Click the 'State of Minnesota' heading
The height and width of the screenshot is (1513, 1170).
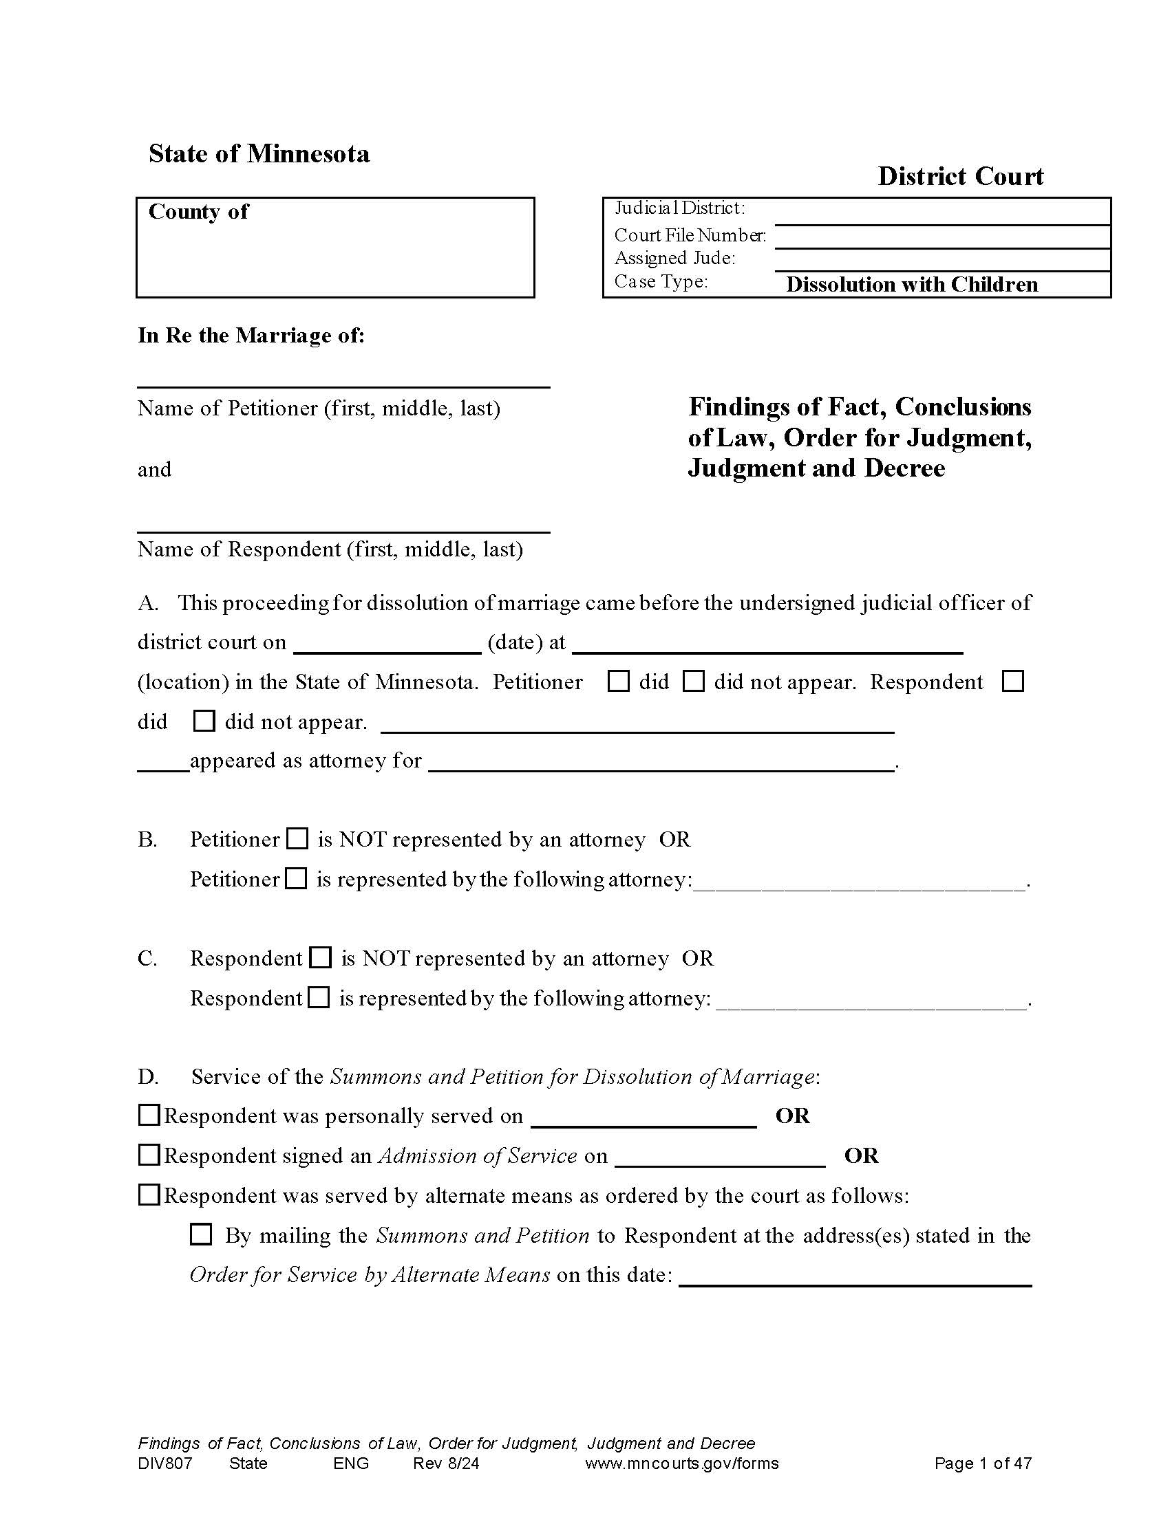259,154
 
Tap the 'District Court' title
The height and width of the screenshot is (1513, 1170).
960,177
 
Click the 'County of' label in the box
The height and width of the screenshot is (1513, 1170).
198,211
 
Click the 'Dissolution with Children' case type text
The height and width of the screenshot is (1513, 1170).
911,285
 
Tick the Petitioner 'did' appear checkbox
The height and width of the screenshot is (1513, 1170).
617,682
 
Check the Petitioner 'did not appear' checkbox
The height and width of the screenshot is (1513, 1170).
693,682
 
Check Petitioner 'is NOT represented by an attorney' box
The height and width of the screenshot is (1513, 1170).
297,839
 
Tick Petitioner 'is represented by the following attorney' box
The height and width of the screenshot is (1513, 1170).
297,879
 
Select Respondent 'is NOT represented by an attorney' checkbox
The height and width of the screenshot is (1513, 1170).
320,958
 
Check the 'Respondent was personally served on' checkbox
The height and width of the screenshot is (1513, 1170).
149,1115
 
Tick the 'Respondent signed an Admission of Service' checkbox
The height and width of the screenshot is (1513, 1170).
149,1155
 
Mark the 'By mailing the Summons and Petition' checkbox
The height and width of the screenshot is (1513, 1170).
201,1234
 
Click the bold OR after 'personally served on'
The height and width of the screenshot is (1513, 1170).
792,1115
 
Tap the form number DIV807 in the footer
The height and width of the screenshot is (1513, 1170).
165,1463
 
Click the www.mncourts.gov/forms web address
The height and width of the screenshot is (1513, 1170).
681,1463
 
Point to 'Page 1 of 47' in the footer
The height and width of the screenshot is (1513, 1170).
982,1463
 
